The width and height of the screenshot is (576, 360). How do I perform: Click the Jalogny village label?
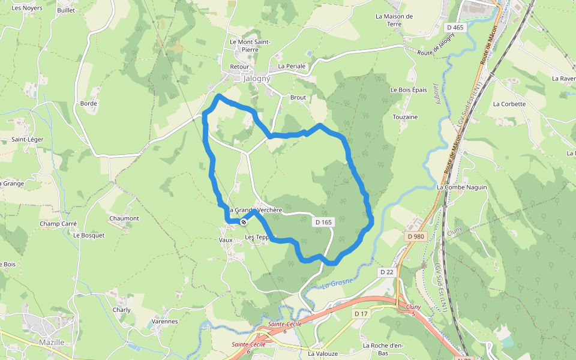(x=257, y=79)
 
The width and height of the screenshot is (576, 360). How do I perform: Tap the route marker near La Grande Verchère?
(x=243, y=222)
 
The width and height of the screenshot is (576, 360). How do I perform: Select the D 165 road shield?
(x=323, y=222)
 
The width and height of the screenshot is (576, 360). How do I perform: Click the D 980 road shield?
(x=415, y=236)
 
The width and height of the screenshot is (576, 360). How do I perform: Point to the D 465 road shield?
(x=455, y=28)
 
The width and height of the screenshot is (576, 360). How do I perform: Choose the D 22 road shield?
(x=386, y=272)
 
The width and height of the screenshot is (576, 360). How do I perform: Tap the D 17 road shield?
(x=361, y=314)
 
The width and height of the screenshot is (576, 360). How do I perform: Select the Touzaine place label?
(x=405, y=117)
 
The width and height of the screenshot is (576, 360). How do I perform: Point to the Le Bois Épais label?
(x=409, y=90)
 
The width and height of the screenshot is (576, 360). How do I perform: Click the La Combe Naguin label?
(x=461, y=187)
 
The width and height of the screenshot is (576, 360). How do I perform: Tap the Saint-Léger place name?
(x=26, y=140)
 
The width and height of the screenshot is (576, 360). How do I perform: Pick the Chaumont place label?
(x=124, y=218)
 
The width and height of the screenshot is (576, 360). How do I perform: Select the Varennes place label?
(x=164, y=322)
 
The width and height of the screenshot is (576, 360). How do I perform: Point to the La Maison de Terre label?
(x=394, y=20)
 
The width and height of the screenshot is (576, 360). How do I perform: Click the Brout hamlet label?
(x=298, y=97)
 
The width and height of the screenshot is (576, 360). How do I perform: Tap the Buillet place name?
(x=66, y=11)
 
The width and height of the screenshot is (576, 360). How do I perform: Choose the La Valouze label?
(x=323, y=354)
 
